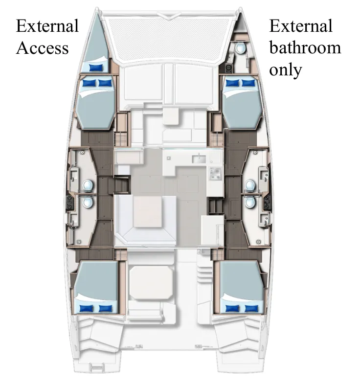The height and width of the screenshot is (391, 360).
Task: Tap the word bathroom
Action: (305, 47)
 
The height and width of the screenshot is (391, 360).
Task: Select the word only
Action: (285, 69)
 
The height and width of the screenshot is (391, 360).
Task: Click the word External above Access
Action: (47, 25)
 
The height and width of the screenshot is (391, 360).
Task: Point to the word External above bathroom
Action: (301, 25)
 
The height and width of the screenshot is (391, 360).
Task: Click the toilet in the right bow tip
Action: (240, 48)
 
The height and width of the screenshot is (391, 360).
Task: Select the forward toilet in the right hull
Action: (250, 185)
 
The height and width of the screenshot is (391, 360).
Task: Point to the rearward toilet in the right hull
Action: (250, 202)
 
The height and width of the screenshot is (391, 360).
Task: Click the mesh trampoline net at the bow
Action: (169, 37)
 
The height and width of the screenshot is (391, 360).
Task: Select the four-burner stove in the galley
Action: (215, 172)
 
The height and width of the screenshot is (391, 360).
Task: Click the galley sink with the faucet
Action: (200, 159)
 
